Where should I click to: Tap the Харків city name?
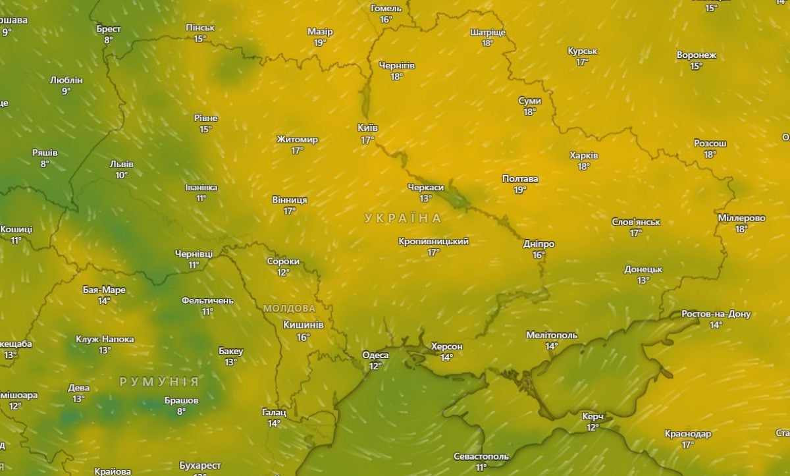[583, 155]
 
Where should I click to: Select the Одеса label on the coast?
[375, 355]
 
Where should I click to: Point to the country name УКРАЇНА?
[402, 218]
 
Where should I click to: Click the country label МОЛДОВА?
[289, 308]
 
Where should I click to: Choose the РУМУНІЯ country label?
[159, 382]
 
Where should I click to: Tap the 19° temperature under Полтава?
[520, 190]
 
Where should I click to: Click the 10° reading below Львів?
[121, 175]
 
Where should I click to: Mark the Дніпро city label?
[539, 244]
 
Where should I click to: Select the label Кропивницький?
[433, 242]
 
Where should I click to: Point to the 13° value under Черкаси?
[425, 198]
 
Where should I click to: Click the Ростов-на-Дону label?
[716, 314]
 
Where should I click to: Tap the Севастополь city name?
[481, 456]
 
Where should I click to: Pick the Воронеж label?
[696, 55]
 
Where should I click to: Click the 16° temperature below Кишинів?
[303, 337]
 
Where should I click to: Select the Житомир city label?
[298, 140]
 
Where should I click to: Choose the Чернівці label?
[194, 253]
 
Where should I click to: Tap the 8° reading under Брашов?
[181, 411]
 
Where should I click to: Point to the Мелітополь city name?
[552, 335]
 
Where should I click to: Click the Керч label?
[592, 417]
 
